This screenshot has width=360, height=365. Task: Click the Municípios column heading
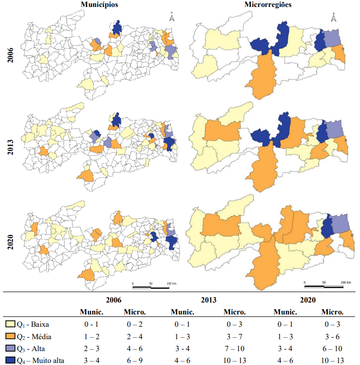point(99,4)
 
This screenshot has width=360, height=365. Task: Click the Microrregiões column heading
point(268,4)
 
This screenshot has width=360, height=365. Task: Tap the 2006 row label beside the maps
point(10,55)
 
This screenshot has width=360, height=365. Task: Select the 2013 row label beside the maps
point(10,147)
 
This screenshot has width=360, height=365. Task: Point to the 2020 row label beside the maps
point(10,242)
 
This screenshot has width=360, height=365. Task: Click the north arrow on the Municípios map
point(172,16)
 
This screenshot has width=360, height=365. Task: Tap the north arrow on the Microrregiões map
point(334,17)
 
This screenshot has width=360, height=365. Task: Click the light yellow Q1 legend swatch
point(10,324)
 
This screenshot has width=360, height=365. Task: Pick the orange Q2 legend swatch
point(10,336)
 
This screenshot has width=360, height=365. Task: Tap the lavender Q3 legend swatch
point(10,348)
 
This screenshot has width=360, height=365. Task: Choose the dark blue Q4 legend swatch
point(10,360)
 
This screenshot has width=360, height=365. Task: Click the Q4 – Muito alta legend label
point(40,361)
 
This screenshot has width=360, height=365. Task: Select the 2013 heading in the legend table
point(209,300)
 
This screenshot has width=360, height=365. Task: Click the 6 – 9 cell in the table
point(135,361)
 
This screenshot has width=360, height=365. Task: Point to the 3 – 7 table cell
point(234,336)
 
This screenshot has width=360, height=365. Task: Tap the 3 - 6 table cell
point(332,336)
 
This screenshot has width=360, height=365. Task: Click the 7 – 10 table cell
point(234,349)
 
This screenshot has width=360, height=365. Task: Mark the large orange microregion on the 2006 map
point(262,76)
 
